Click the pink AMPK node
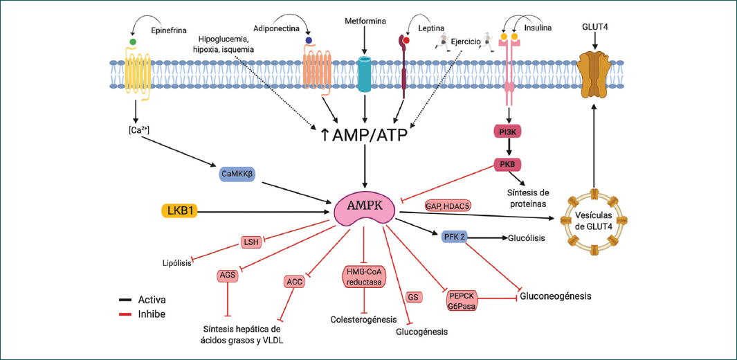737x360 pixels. (x=365, y=206)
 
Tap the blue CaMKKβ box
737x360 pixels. (x=234, y=175)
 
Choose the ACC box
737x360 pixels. (x=294, y=281)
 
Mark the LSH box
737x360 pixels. (x=251, y=242)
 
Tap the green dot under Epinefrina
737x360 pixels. (x=133, y=42)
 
